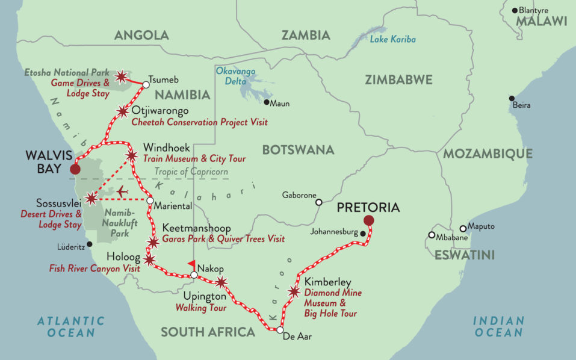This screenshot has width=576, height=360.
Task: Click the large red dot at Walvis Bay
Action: point(75,168)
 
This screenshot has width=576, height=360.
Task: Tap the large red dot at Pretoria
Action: point(368,221)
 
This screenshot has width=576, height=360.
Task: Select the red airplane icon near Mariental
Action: point(123,191)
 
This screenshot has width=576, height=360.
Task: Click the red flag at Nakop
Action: point(191,264)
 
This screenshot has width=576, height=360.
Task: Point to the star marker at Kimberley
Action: point(294,292)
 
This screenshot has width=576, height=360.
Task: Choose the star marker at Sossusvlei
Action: point(90,198)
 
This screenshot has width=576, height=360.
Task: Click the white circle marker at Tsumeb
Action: point(146,85)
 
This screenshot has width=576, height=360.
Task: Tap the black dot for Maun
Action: point(267,103)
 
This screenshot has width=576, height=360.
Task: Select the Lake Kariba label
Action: point(392,39)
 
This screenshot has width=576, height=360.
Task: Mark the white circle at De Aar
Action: point(280,330)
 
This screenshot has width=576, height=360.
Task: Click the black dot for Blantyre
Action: point(515,10)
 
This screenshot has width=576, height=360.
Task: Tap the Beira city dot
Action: point(512,98)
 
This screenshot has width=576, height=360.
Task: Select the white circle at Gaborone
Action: point(319,202)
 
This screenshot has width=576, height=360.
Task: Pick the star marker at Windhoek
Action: point(132,156)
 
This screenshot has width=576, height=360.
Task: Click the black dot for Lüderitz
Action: point(90,244)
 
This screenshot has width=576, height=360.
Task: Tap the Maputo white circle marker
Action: point(463,228)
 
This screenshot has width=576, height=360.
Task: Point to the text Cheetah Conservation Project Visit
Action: point(199,122)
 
